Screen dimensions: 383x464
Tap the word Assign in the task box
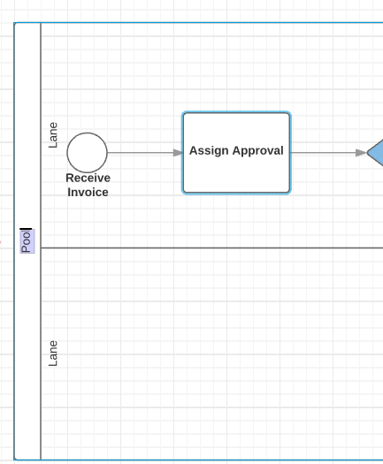pos(209,151)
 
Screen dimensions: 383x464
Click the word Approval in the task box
pos(258,151)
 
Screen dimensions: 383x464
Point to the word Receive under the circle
pos(88,178)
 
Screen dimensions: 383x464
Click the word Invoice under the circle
pos(88,192)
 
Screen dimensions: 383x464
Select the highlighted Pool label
pos(27,241)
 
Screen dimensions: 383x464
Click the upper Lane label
pos(53,135)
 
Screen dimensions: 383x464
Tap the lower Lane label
pos(53,354)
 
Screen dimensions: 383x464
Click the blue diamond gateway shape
pos(376,153)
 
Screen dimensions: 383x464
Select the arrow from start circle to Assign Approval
pos(145,153)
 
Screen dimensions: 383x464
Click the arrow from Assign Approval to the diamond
pos(329,153)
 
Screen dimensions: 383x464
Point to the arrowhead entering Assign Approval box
pos(178,153)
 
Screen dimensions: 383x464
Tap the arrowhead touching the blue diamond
pos(361,153)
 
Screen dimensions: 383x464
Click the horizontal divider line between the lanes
pos(211,247)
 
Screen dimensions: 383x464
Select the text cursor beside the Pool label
pos(26,229)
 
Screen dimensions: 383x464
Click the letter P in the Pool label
pos(26,248)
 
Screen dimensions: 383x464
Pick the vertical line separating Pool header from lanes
pos(41,241)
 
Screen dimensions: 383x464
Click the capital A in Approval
pos(236,150)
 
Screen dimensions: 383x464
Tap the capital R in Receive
pos(70,178)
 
